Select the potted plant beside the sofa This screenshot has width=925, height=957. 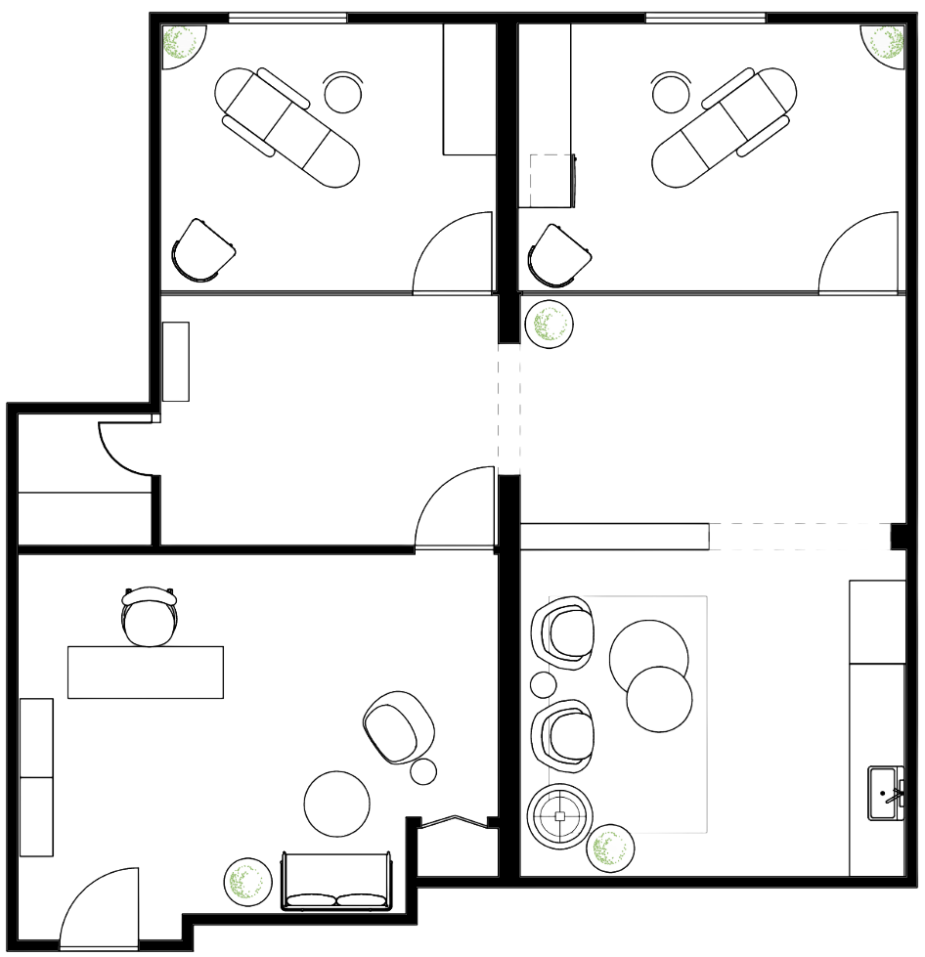pos(247,880)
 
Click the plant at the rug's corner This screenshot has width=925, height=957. pos(609,848)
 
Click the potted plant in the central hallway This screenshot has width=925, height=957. pos(550,323)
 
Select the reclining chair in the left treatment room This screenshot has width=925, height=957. pos(286,125)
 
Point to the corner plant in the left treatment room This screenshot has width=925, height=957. pos(185,44)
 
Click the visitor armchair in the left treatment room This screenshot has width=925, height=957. pos(202,250)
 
